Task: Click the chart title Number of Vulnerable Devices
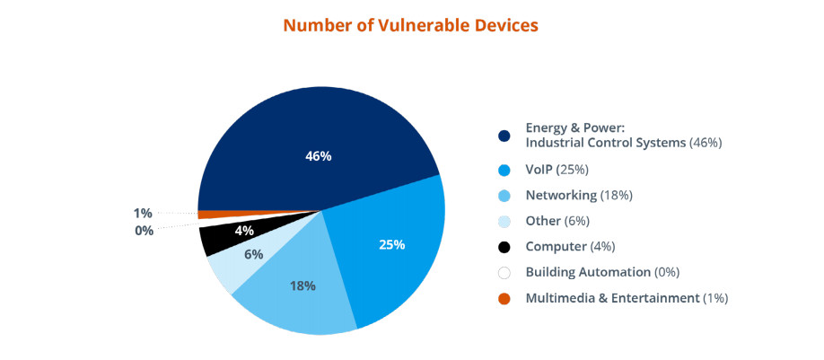(410, 26)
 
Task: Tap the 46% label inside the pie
(319, 156)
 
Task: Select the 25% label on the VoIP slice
(392, 244)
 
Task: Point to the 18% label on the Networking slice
(302, 285)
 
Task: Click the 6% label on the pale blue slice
(253, 254)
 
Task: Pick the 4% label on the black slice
(244, 230)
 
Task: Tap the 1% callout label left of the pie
(143, 214)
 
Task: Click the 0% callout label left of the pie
(144, 230)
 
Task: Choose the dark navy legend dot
(504, 136)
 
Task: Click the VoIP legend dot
(504, 170)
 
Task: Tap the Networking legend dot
(504, 196)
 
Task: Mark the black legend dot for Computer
(504, 247)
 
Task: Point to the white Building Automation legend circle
(504, 273)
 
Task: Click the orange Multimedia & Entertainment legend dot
(504, 299)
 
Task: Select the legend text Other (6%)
(557, 221)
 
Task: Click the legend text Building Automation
(588, 272)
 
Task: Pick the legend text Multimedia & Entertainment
(613, 298)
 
